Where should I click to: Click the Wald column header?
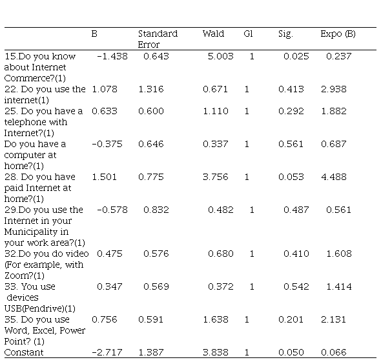coord(213,34)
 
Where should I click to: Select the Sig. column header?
coord(285,34)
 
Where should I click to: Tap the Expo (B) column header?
coord(338,34)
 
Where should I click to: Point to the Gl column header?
coord(249,34)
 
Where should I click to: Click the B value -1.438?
coord(112,56)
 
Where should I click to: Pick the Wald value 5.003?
coord(221,56)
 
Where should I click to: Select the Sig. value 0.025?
coord(296,56)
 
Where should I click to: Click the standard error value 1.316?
coord(151,89)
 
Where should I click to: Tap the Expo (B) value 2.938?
coord(334,89)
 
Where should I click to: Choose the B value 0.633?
coord(105,111)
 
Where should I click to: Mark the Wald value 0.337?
coord(216,144)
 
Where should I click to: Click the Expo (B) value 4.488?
coord(334,177)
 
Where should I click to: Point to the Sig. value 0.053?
coord(291,177)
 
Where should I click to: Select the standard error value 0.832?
coord(156,210)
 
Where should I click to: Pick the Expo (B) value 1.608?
coord(339,254)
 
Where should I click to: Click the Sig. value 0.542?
coord(296,286)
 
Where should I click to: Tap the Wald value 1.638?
coord(216,319)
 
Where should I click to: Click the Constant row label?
coord(24,352)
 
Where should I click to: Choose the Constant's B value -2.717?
coord(107,352)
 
